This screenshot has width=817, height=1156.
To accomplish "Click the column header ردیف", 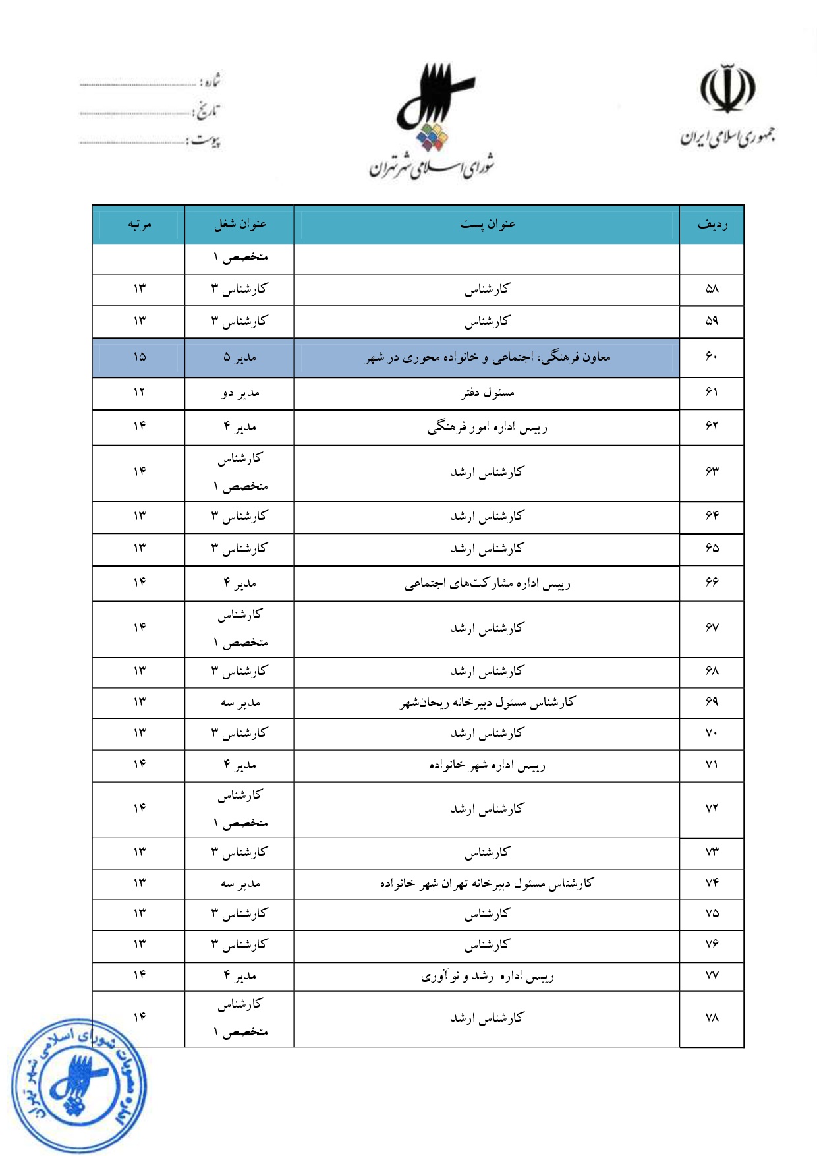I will pos(712,225).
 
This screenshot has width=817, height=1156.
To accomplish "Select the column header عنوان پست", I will pos(487,225).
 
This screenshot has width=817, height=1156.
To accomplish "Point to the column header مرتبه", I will pos(139,225).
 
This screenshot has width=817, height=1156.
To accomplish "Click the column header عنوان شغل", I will pos(240,225).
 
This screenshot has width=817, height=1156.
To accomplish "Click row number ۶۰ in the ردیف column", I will pos(712,357).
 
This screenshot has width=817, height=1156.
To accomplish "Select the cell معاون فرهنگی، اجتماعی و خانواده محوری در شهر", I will pos(488,358).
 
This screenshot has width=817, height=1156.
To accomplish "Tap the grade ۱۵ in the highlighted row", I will pos(139,357).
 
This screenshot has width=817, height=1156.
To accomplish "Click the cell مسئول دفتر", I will pos(488,393).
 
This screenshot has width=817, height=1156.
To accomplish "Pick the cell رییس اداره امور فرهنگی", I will pos(488,428).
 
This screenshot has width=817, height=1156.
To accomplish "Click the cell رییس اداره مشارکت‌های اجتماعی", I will pos(488,583).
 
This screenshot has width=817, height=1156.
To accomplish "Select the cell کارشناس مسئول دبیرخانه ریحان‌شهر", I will pos(488,703).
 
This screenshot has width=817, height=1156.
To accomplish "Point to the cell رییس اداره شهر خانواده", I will pos(488,765).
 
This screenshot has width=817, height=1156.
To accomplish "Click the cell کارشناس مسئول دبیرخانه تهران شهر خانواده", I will pos(488,883).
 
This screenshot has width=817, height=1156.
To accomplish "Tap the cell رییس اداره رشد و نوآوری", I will pos(488,976).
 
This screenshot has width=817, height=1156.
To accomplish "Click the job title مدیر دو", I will pos(240,393).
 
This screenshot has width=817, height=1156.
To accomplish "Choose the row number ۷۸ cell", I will pos(712,1018).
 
